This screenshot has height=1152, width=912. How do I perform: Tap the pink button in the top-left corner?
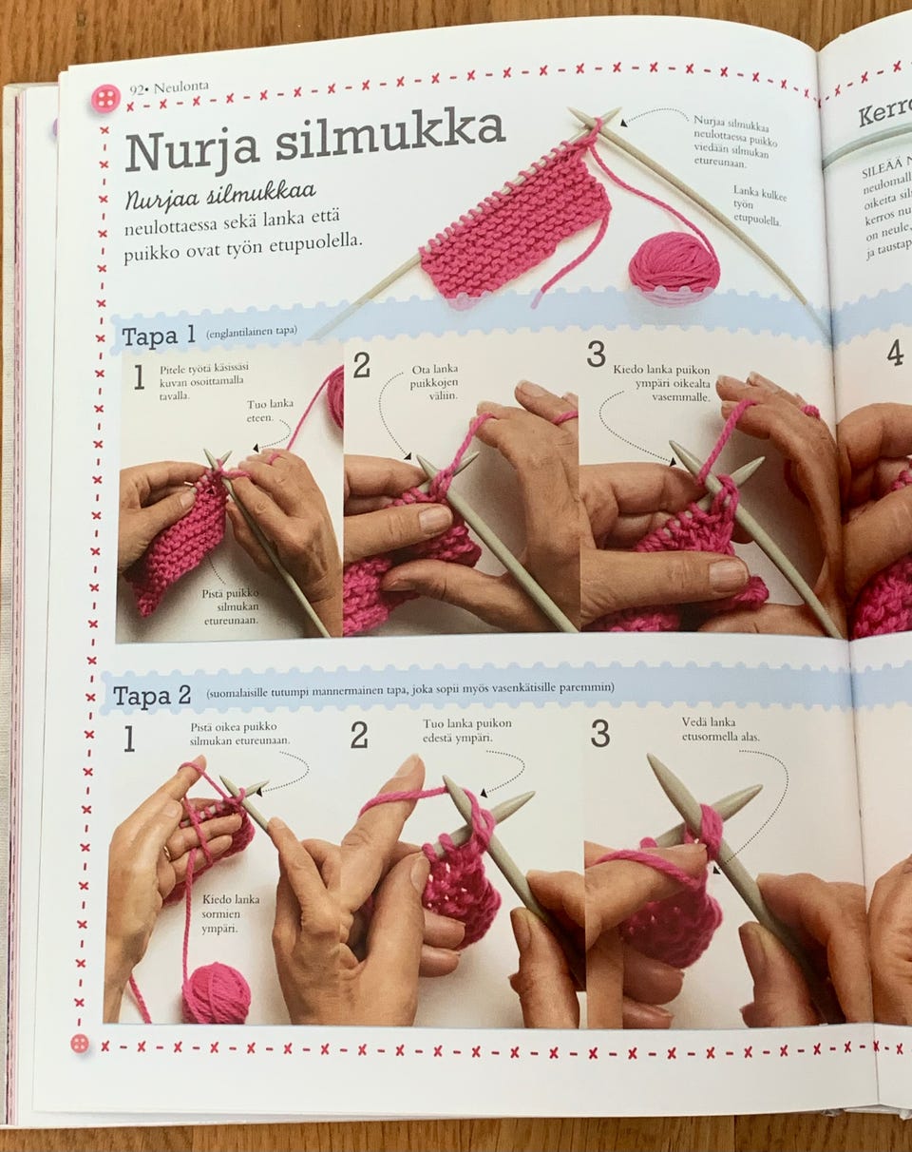click(x=105, y=98)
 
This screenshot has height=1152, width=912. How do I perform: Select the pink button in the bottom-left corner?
click(x=81, y=1043)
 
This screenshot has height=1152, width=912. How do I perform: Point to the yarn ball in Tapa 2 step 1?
click(x=216, y=993)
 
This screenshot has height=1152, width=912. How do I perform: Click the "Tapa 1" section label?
click(x=159, y=336)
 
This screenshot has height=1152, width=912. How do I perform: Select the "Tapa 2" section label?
click(x=151, y=696)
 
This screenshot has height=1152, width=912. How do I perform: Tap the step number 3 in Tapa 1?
click(x=596, y=355)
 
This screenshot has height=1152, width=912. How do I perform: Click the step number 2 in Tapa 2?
click(x=359, y=735)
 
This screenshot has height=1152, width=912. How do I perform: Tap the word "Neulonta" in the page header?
click(x=180, y=86)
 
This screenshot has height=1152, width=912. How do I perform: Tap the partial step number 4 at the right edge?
click(x=895, y=353)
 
